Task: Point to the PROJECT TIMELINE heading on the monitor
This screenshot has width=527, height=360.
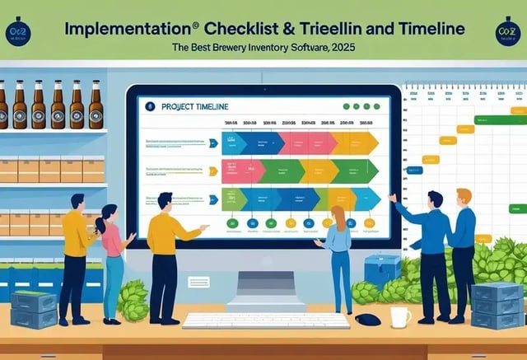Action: pyautogui.click(x=196, y=106)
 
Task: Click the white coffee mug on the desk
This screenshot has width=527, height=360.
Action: pyautogui.click(x=400, y=316)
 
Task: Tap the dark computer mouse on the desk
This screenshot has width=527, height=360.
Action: pyautogui.click(x=369, y=319)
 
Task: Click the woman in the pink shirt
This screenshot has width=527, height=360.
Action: pyautogui.click(x=112, y=255)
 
